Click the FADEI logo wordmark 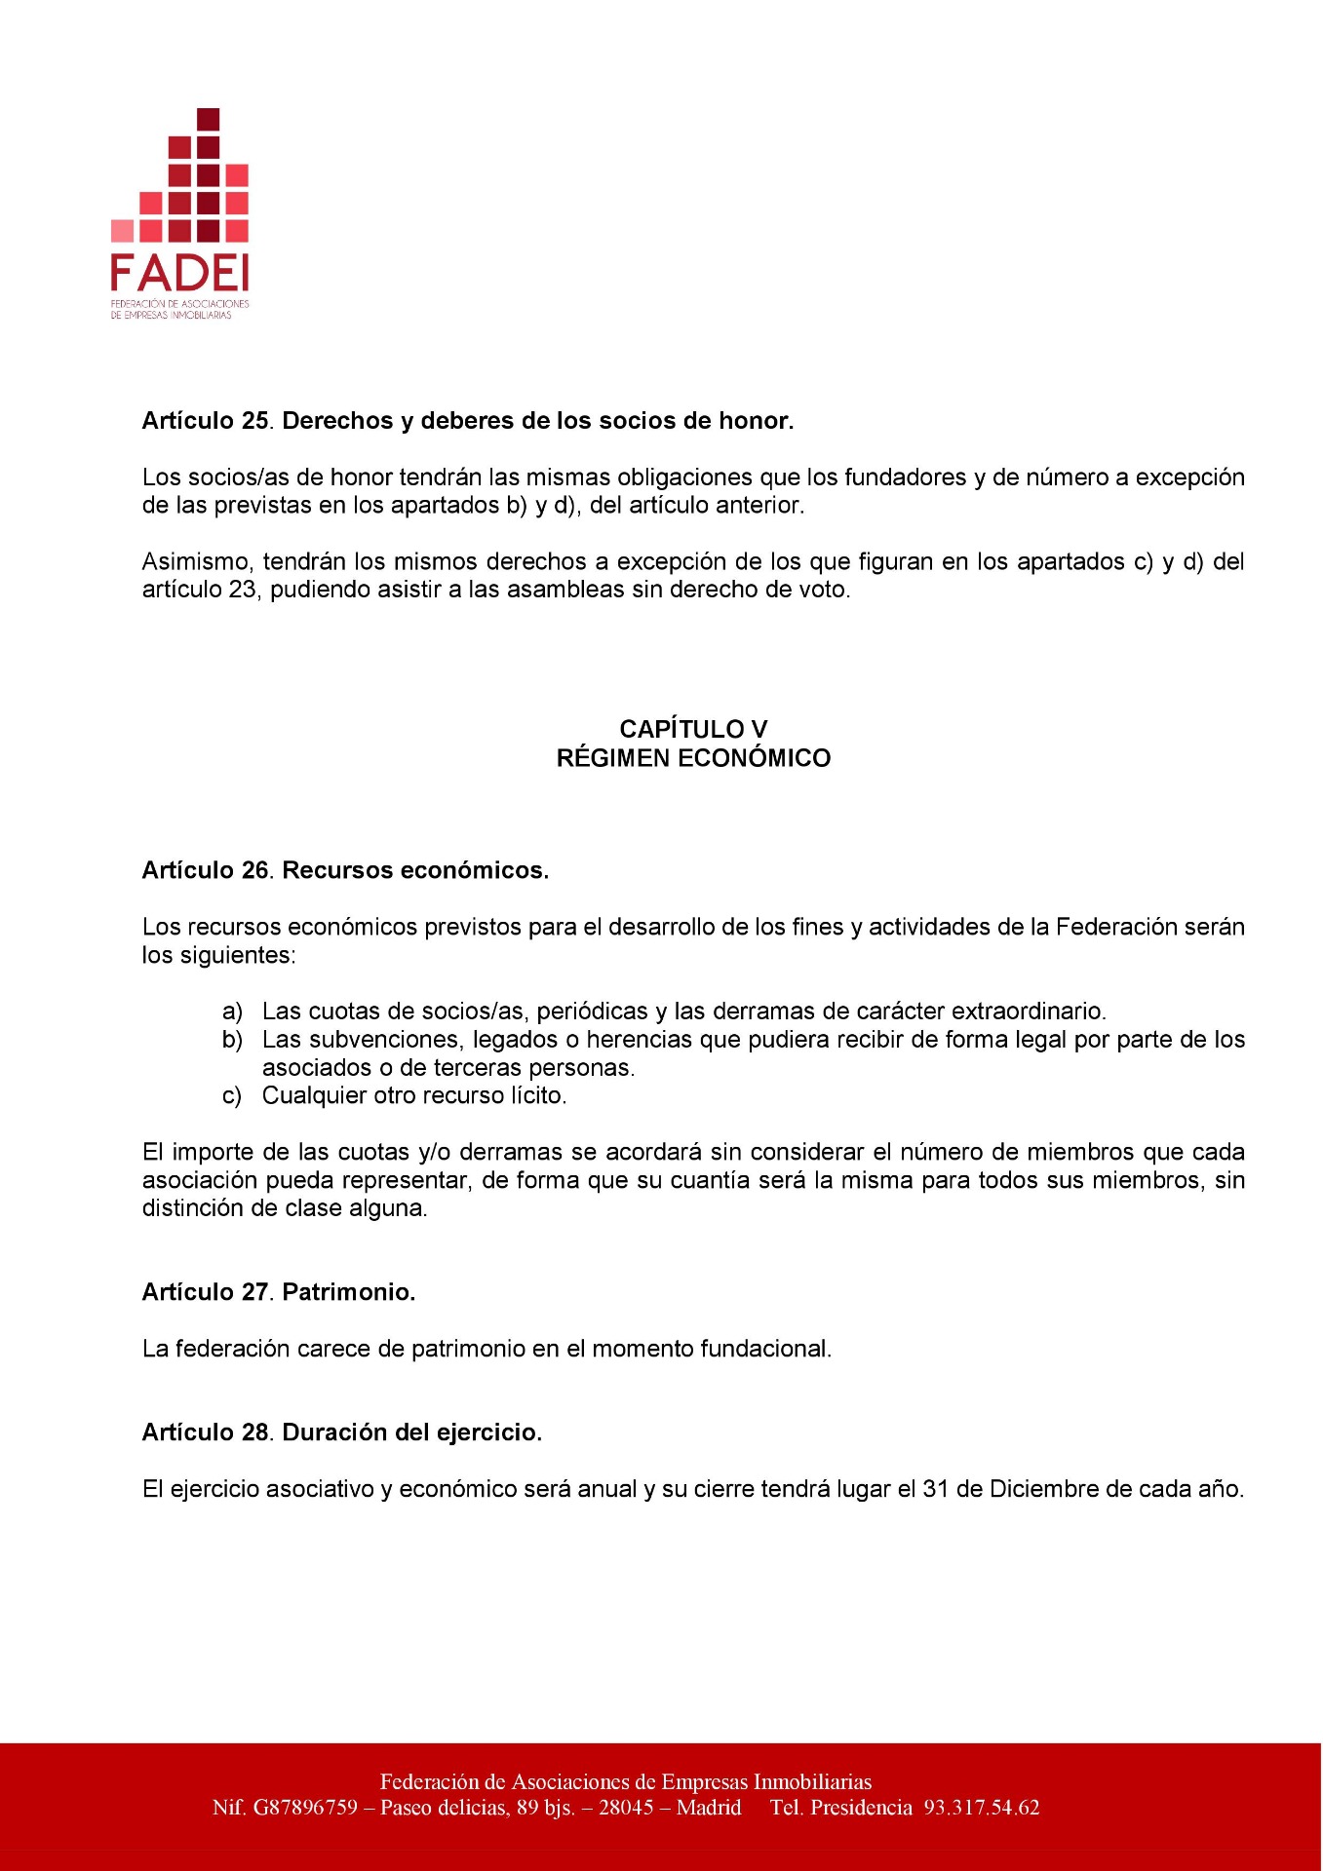coord(179,274)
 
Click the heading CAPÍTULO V coord(693,729)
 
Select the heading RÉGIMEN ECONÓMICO coord(693,758)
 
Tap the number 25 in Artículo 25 coord(254,421)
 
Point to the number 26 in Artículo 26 coord(254,870)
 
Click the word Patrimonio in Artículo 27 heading coord(348,1292)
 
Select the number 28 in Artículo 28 coord(254,1432)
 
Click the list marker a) coord(232,1012)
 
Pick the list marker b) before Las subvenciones coord(232,1040)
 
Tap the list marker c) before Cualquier coord(232,1096)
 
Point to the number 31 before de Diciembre coord(935,1489)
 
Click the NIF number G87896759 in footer coord(306,1808)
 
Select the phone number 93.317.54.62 coord(982,1808)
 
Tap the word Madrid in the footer coord(709,1808)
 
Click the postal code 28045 coord(626,1808)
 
